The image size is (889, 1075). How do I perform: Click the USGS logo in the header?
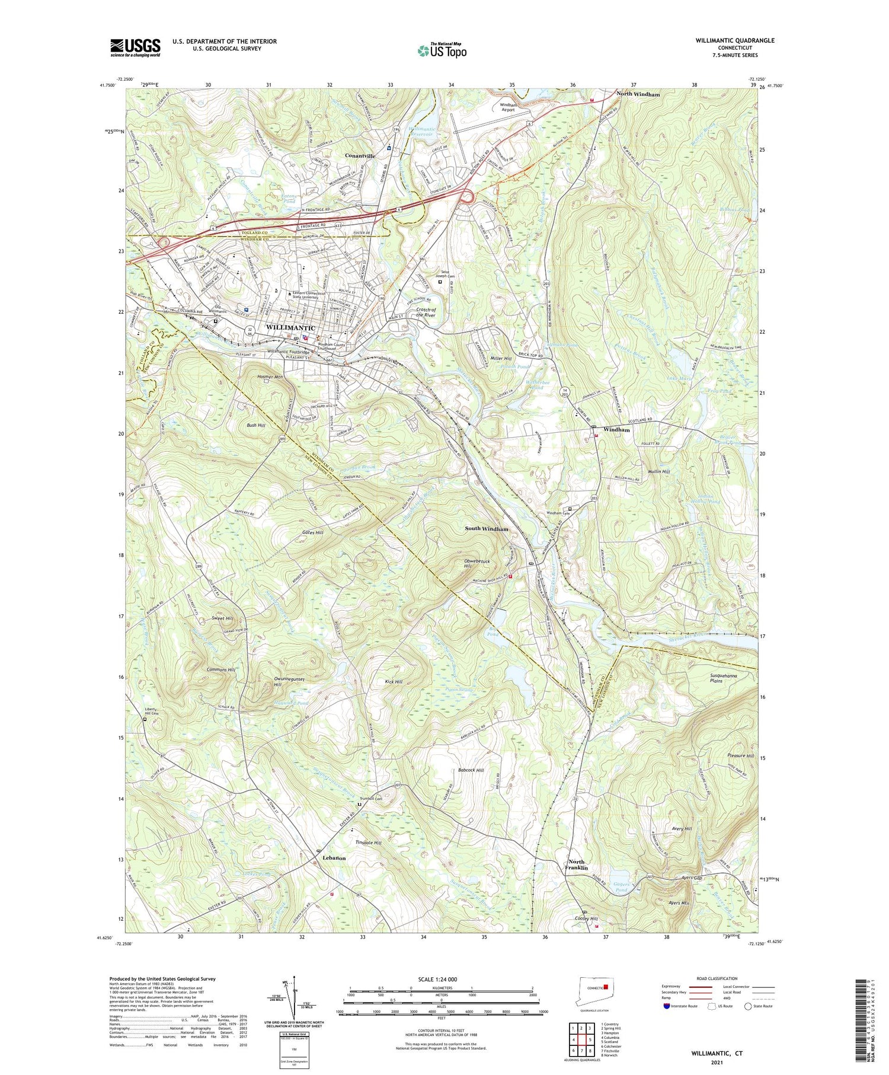pyautogui.click(x=135, y=47)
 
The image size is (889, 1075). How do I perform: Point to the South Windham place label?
pyautogui.click(x=486, y=528)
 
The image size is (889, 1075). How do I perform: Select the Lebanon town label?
pyautogui.click(x=334, y=858)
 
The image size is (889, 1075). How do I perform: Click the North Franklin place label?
pyautogui.click(x=577, y=865)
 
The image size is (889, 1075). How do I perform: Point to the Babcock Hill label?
pyautogui.click(x=471, y=770)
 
